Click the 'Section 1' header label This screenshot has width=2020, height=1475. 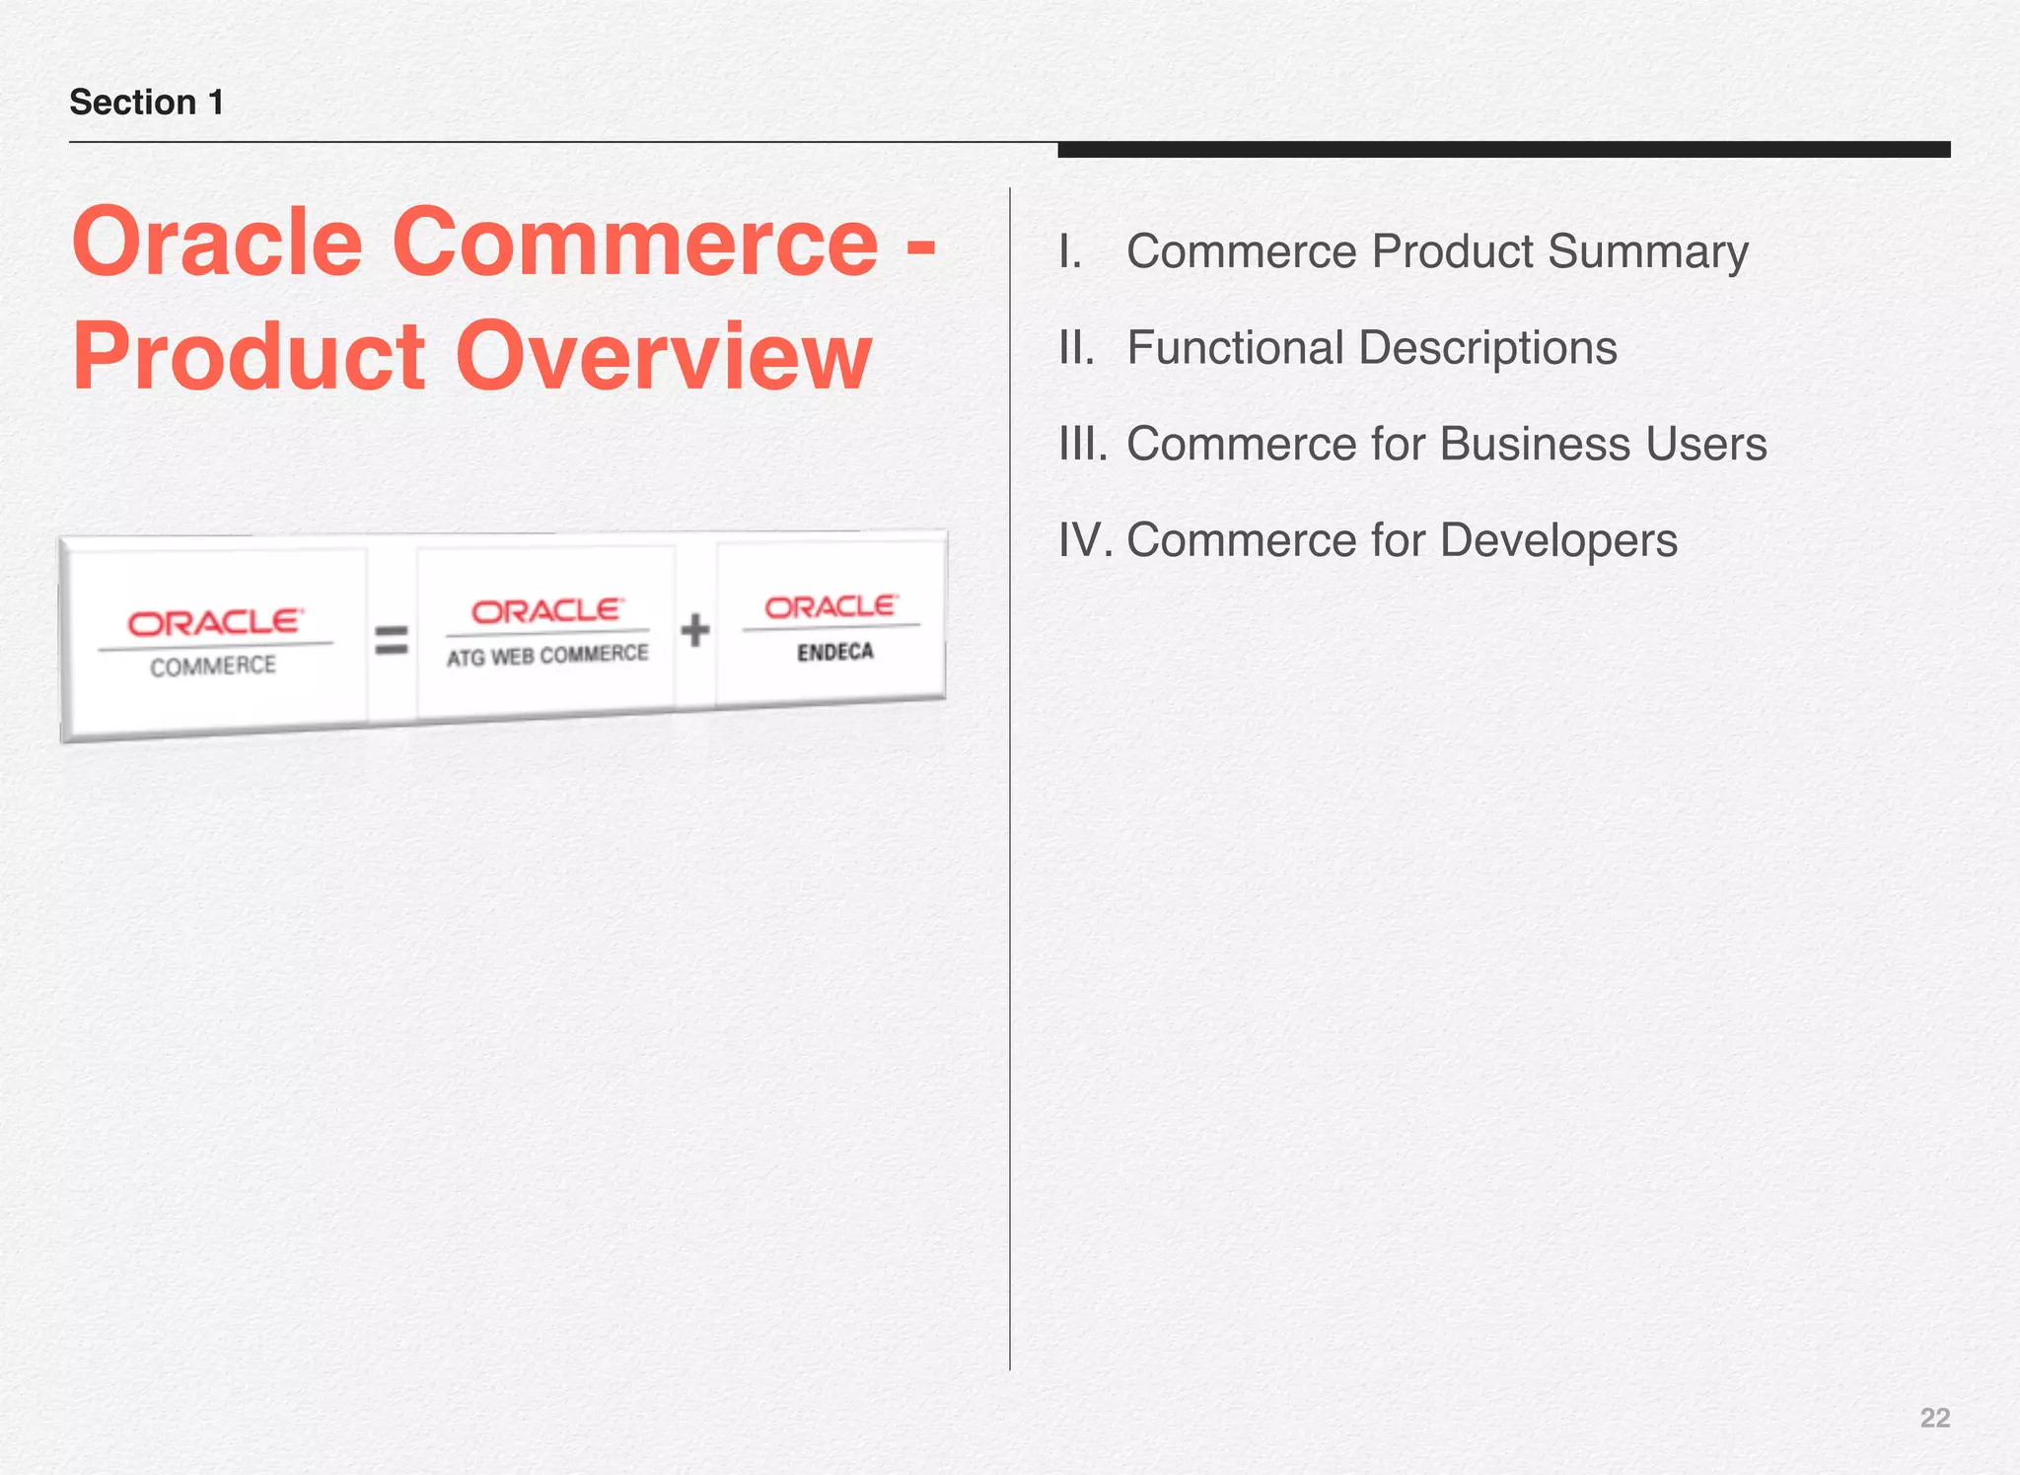coord(146,103)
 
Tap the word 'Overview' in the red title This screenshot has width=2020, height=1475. coord(663,356)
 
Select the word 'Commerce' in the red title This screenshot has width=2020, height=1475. coord(634,243)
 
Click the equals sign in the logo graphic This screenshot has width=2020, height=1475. coord(392,641)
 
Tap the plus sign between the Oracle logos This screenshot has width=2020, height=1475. coord(694,630)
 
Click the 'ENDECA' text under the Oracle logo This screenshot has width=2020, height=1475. coord(835,652)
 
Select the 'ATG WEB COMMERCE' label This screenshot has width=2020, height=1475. coord(547,656)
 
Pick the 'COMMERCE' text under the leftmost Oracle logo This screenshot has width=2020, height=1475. coord(213,667)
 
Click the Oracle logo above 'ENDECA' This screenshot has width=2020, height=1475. coord(831,606)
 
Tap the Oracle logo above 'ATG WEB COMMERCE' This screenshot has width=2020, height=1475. coord(547,611)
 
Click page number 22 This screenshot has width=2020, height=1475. coord(1934,1418)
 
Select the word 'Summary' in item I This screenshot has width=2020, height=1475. coord(1647,251)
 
